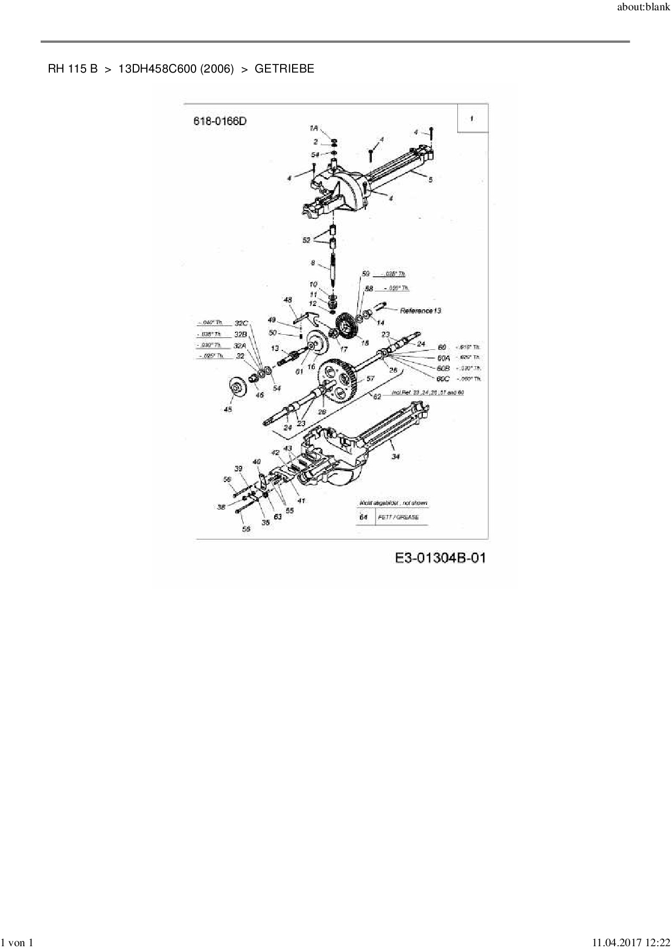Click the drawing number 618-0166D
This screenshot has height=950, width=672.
pos(220,121)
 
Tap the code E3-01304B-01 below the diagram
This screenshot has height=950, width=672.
pos(440,558)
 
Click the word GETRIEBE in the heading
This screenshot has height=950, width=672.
pos(284,69)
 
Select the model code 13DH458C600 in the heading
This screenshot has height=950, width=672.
pos(157,69)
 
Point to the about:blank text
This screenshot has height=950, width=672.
pos(643,8)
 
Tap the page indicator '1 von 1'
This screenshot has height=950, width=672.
pos(17,943)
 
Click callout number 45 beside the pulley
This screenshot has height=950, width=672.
pos(228,409)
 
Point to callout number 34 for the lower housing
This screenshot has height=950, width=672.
pos(396,457)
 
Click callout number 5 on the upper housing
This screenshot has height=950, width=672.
pos(431,179)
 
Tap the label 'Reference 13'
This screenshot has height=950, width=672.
pos(420,311)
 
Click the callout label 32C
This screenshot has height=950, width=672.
pos(241,323)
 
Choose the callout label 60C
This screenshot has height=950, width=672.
pos(443,379)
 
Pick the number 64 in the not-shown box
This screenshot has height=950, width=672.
pos(364,517)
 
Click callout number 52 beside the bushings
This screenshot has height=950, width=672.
pos(307,240)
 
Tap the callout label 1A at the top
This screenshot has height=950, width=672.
pos(314,128)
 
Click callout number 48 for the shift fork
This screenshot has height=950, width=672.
pos(288,300)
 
